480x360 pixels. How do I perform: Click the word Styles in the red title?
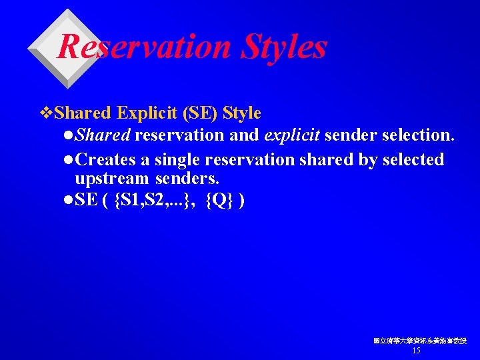[x=285, y=47]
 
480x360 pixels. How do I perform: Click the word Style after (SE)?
[x=242, y=113]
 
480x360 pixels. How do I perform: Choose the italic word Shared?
[x=103, y=136]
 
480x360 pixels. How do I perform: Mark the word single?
[x=179, y=160]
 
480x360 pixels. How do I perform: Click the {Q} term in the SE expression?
[x=219, y=200]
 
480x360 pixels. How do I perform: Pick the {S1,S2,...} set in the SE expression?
[x=154, y=200]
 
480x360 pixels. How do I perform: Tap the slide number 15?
[x=417, y=351]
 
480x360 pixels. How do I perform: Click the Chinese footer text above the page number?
[x=420, y=341]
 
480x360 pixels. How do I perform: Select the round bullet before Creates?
[x=70, y=161]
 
